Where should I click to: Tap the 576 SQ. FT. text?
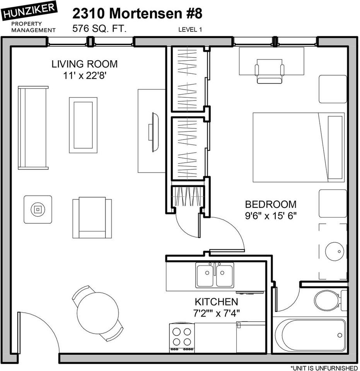coord(99,29)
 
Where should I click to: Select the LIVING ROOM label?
coord(84,64)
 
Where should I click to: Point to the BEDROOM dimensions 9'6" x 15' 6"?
coord(271,216)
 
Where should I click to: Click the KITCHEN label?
coord(216,301)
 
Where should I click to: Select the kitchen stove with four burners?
coord(182,337)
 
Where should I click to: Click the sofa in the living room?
coord(33,128)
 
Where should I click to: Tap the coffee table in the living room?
coord(83,125)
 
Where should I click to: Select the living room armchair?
coord(92,218)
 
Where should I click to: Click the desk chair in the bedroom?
coord(270,71)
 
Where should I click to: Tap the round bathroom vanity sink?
coord(334,251)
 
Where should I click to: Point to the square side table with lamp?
coord(38,209)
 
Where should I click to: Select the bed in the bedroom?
coord(298,147)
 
